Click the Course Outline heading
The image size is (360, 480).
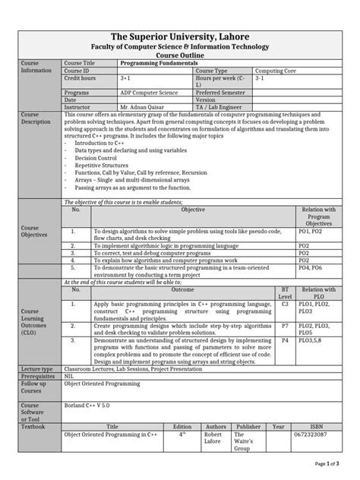pyautogui.click(x=180, y=55)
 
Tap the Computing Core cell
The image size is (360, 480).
pyautogui.click(x=274, y=71)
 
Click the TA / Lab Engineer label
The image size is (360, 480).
pyautogui.click(x=220, y=107)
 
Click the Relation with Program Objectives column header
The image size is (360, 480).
pyautogui.click(x=319, y=216)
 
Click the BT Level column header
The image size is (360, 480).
pyautogui.click(x=285, y=292)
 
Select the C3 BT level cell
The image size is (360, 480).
pyautogui.click(x=285, y=304)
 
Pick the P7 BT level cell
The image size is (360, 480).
pyautogui.click(x=285, y=325)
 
